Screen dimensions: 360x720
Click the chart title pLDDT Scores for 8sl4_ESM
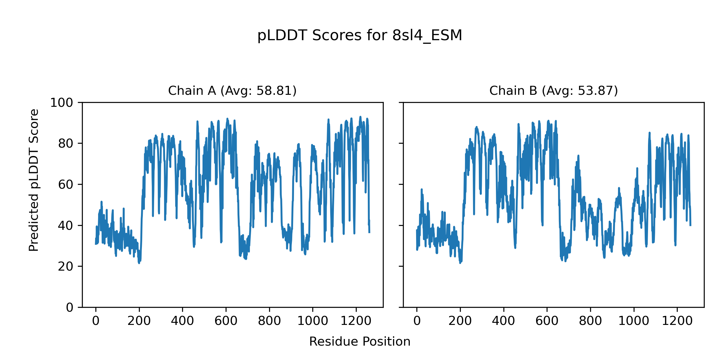pos(360,35)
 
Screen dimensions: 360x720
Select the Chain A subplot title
pos(232,91)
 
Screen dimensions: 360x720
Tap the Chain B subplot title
pos(553,91)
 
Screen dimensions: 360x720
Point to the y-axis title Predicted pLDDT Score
pos(34,180)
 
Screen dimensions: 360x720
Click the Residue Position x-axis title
pos(360,341)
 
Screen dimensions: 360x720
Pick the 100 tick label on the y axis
pos(61,103)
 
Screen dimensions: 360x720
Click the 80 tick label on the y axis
pos(66,144)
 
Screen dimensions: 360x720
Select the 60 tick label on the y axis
pos(66,184)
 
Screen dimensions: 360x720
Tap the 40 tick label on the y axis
pos(66,226)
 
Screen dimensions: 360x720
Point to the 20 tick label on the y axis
pos(66,266)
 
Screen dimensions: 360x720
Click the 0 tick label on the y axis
pos(70,307)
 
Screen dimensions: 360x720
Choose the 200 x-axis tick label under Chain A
pos(139,321)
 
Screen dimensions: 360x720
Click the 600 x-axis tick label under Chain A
pos(226,321)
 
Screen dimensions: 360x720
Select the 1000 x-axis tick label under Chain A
pos(313,321)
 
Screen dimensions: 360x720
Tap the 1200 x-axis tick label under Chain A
pos(356,321)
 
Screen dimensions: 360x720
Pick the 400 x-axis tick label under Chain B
pos(503,321)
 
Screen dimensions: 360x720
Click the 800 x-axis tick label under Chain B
pos(590,321)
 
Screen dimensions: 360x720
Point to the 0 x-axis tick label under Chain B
pos(417,321)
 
